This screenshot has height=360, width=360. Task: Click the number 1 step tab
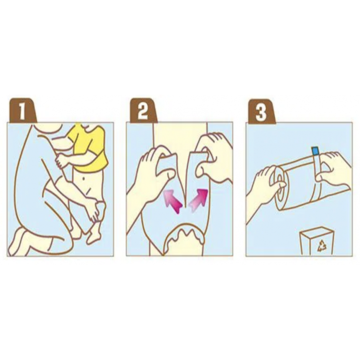pos(22,111)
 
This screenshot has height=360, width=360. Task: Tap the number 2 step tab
pos(143,111)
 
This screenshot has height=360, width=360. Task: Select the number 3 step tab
pos(262,111)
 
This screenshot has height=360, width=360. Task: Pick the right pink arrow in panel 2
pos(198,200)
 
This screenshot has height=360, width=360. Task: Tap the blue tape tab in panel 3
pos(315,151)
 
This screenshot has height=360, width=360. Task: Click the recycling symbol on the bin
pos(322,246)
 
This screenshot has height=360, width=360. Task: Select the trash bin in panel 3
pos(317,241)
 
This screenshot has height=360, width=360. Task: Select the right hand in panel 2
pos(212,158)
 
